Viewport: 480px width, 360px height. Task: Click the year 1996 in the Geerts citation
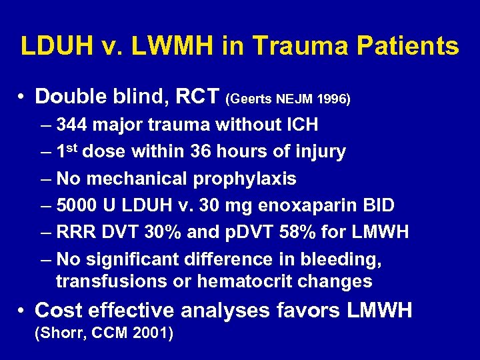pos(334,99)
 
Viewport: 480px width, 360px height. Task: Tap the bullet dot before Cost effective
pos(23,311)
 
